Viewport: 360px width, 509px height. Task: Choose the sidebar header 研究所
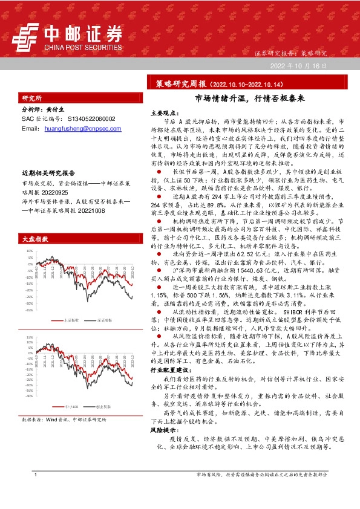[x=31, y=97]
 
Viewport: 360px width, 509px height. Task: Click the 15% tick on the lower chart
[x=28, y=337]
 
